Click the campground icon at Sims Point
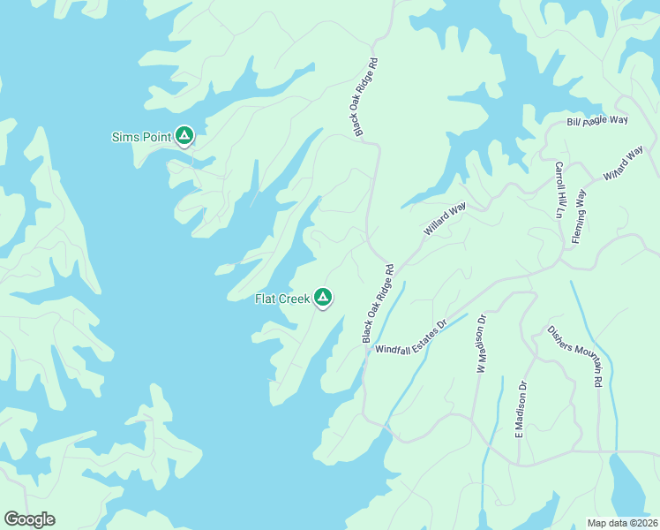pyautogui.click(x=184, y=135)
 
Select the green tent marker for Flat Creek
pyautogui.click(x=323, y=297)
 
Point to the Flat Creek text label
pyautogui.click(x=282, y=299)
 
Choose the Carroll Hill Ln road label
pyautogui.click(x=559, y=189)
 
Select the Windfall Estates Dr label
pyautogui.click(x=412, y=337)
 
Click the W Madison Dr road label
pyautogui.click(x=482, y=344)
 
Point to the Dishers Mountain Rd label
pyautogui.click(x=574, y=358)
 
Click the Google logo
pyautogui.click(x=29, y=519)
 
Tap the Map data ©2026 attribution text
pyautogui.click(x=622, y=523)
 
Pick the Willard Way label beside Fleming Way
pyautogui.click(x=623, y=164)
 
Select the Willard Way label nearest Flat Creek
pyautogui.click(x=444, y=219)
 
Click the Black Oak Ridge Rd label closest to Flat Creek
pyautogui.click(x=376, y=304)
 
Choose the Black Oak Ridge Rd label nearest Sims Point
pyautogui.click(x=366, y=98)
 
